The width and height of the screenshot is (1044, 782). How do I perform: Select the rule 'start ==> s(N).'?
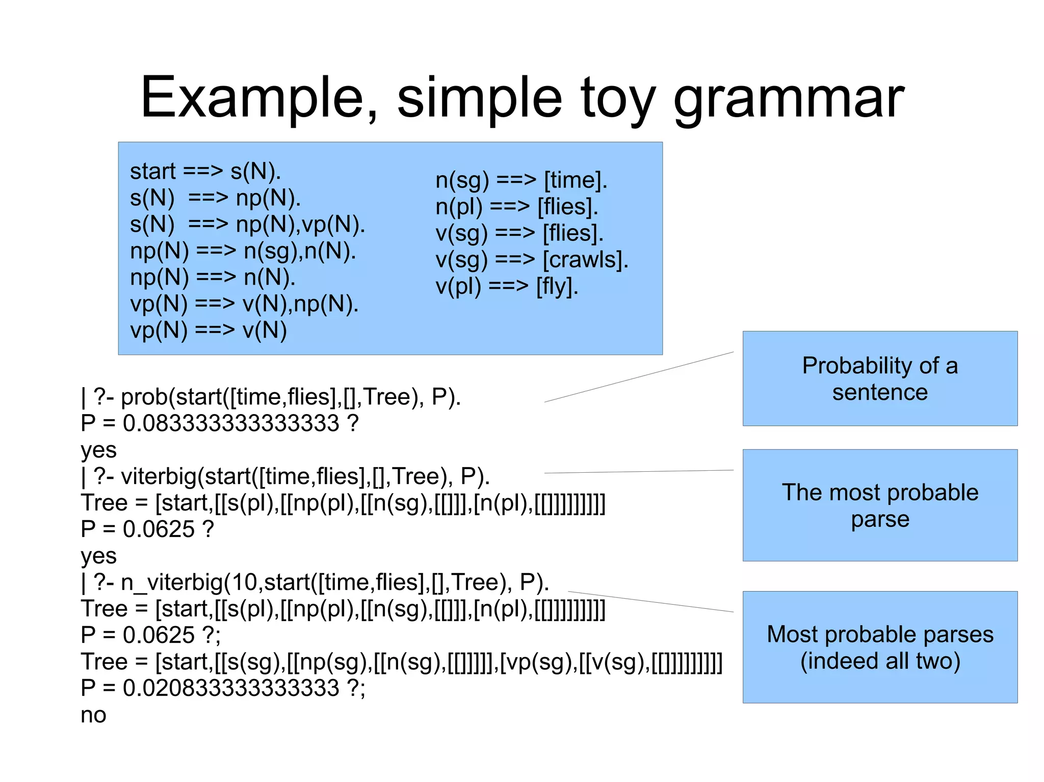205,171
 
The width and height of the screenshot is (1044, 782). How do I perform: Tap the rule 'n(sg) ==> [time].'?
521,180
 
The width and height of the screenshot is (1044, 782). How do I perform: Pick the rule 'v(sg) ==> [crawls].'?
532,260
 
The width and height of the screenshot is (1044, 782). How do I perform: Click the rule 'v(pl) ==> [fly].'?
507,286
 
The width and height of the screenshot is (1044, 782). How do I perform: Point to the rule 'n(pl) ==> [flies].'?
516,207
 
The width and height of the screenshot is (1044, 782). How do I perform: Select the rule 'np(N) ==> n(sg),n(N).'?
243,251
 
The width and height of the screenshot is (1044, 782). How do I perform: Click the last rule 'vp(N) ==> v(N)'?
208,331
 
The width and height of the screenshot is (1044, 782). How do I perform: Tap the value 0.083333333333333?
231,423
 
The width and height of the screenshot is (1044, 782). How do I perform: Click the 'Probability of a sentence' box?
880,379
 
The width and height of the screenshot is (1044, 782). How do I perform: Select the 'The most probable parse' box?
880,505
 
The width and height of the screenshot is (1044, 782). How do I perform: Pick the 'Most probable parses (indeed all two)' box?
880,647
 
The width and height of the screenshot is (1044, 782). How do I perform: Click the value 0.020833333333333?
231,688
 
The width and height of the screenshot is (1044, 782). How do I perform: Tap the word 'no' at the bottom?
93,715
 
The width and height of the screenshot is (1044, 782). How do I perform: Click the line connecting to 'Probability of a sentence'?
639,377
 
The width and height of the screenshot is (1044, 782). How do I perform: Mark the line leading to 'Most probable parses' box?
650,602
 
